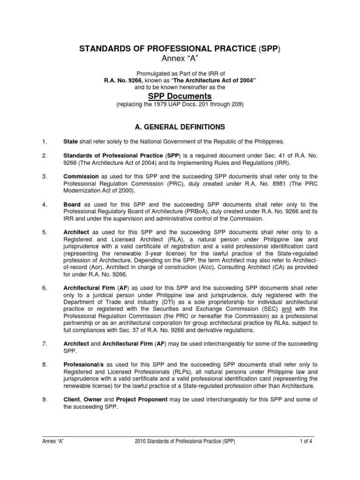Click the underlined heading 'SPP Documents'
click(180, 96)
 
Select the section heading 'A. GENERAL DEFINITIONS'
click(180, 127)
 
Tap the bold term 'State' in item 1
click(71, 142)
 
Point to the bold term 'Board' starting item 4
click(72, 204)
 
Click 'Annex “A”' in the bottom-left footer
click(53, 441)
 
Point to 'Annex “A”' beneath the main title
click(180, 59)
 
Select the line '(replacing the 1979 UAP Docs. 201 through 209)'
click(180, 105)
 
